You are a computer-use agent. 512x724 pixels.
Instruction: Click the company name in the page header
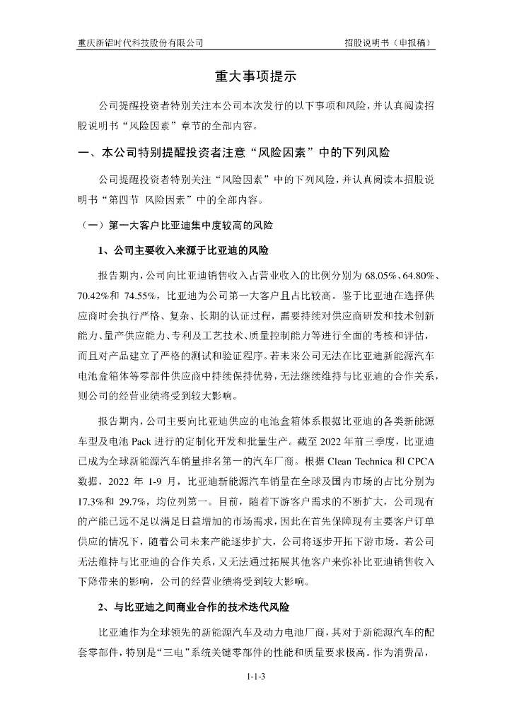[140, 42]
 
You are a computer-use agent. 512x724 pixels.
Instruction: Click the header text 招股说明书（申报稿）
[389, 42]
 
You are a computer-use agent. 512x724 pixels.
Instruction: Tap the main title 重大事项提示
[255, 76]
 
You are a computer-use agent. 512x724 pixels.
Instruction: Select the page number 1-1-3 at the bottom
[255, 677]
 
